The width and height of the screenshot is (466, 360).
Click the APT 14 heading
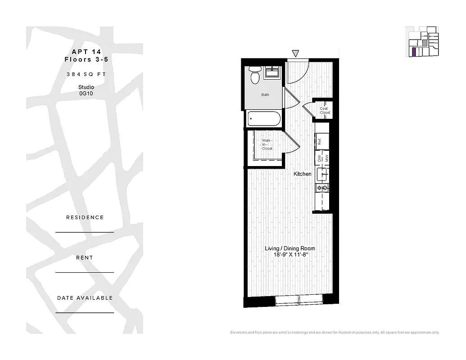(85, 51)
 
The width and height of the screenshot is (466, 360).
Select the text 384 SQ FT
(85, 74)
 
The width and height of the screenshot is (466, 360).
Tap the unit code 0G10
(85, 94)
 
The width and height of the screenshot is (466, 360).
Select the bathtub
(264, 119)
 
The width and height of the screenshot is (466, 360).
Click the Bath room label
(265, 95)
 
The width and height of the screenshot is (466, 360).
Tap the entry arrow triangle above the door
(295, 53)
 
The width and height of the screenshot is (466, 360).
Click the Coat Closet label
(324, 110)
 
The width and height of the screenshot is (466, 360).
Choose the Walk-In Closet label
(267, 144)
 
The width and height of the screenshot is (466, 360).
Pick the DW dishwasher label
(319, 158)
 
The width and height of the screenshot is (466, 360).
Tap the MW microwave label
(326, 158)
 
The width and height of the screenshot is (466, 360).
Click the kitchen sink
(322, 174)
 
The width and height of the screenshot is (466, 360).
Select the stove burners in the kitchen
(322, 187)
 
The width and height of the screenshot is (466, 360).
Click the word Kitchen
(302, 174)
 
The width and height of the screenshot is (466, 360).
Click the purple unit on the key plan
(413, 51)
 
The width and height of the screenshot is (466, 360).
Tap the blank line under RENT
(85, 272)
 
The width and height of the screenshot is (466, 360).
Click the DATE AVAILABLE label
(85, 298)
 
